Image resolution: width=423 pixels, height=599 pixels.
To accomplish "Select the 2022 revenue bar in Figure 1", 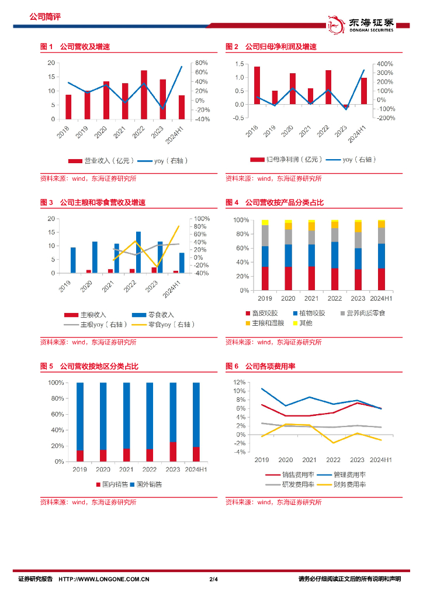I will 144,95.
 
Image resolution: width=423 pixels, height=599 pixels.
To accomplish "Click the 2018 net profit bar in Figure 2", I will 257,85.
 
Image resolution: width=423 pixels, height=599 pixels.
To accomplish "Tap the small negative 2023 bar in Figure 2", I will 345,106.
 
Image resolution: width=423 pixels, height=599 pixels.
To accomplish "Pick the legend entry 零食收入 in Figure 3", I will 152,315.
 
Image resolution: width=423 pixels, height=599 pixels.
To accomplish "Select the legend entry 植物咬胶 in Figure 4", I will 309,313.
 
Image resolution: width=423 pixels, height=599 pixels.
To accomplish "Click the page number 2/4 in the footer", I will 213,579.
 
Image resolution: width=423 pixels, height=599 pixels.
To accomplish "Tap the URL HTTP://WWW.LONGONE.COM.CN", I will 105,579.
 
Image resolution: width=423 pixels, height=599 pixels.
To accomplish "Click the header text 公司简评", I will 45,17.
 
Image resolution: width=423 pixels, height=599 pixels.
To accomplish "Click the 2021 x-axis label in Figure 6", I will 309,459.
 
